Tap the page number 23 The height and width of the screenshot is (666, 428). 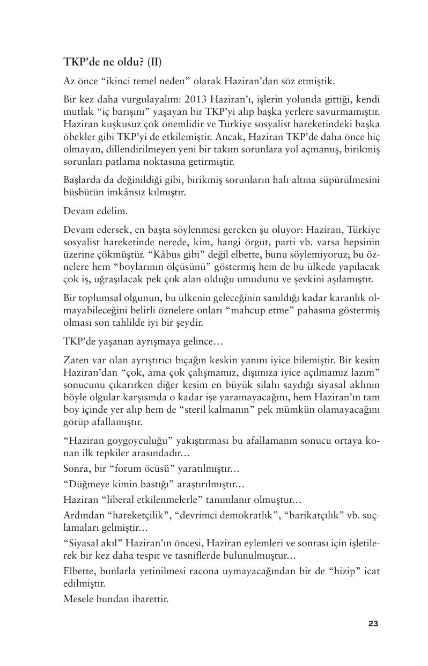click(x=373, y=624)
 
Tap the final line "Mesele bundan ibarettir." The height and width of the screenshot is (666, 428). click(x=116, y=598)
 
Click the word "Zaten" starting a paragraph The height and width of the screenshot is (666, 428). click(x=76, y=359)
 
